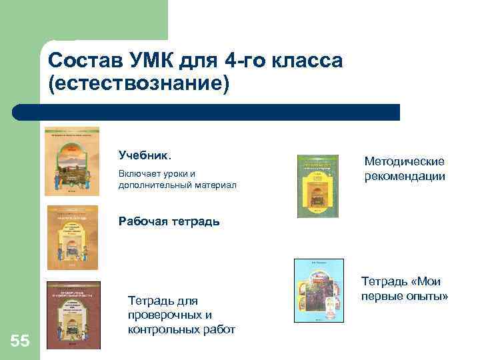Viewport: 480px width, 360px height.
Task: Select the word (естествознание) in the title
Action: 138,84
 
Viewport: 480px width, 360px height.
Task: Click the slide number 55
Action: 20,342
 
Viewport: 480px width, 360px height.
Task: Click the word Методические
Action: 404,161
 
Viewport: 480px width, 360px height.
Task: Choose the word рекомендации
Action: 405,176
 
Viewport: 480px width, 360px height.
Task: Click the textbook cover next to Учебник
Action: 71,159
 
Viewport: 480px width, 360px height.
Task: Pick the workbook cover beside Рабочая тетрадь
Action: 72,237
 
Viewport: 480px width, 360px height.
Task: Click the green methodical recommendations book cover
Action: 317,186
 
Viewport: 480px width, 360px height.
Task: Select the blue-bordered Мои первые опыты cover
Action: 319,289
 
